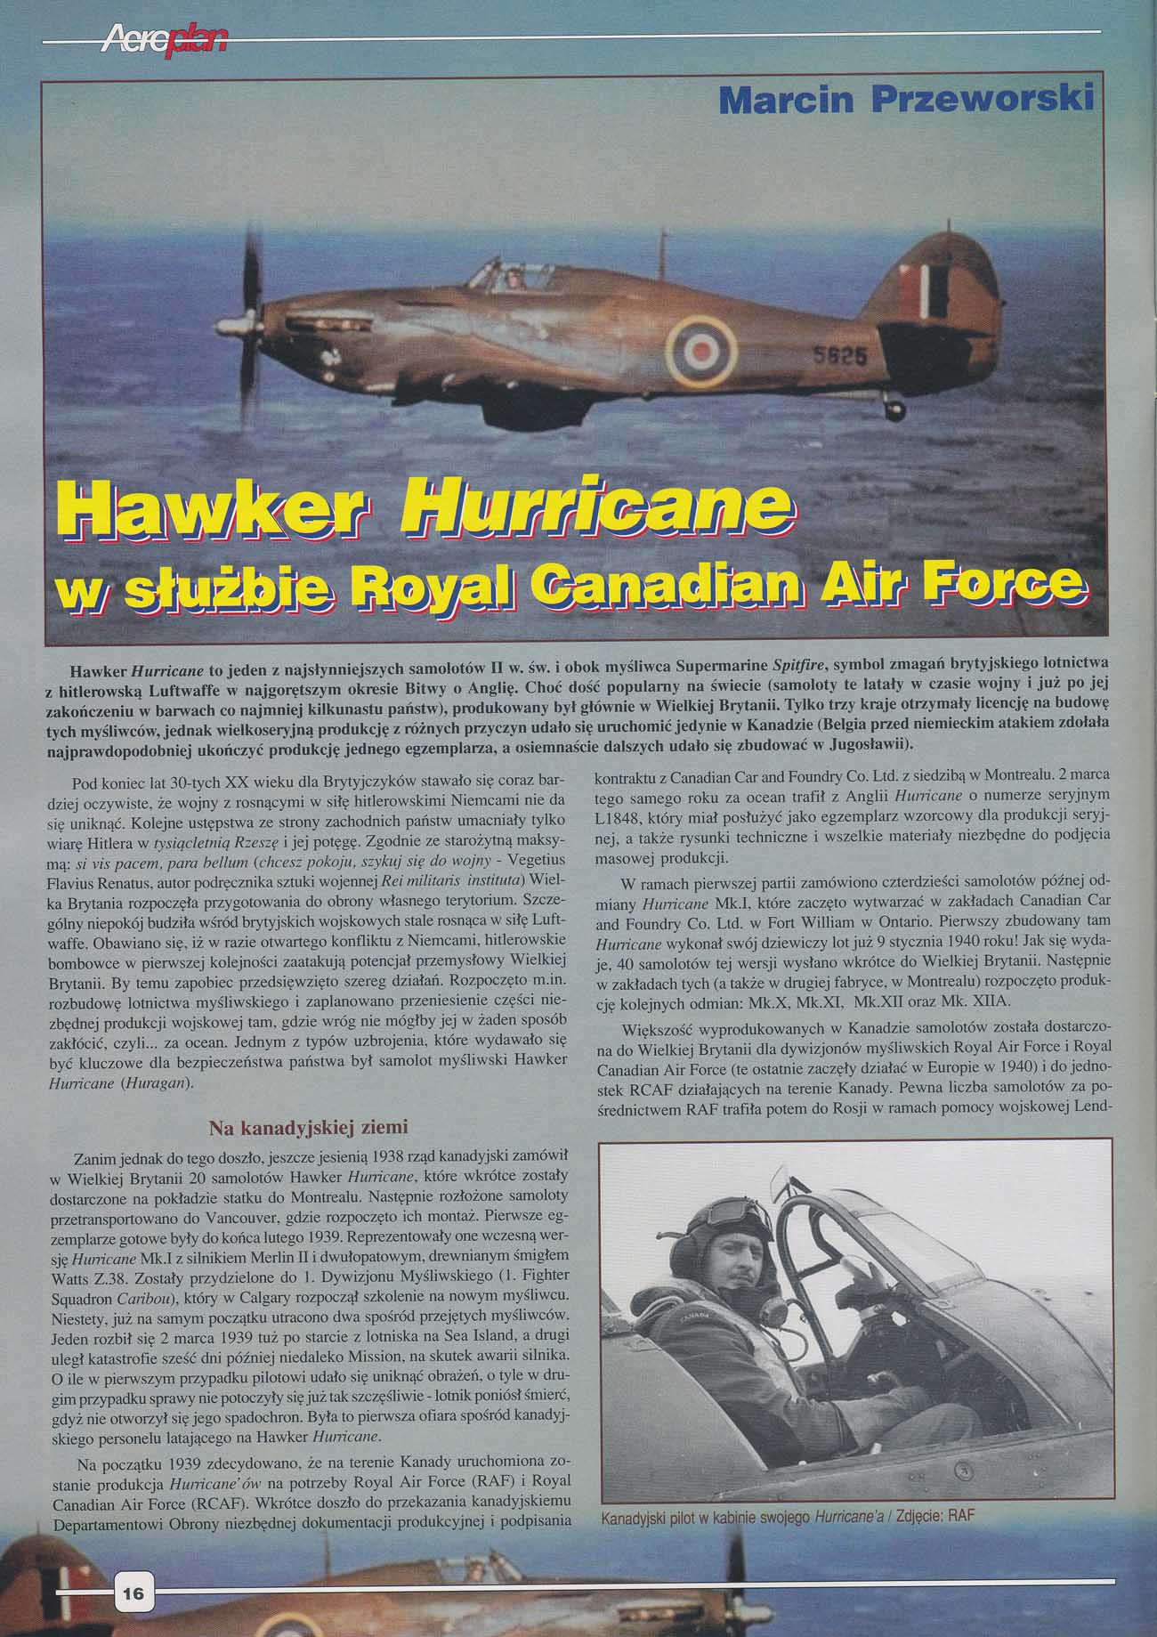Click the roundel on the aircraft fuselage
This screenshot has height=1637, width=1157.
pos(704,350)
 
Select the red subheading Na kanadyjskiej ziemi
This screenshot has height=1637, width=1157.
pos(308,1128)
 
